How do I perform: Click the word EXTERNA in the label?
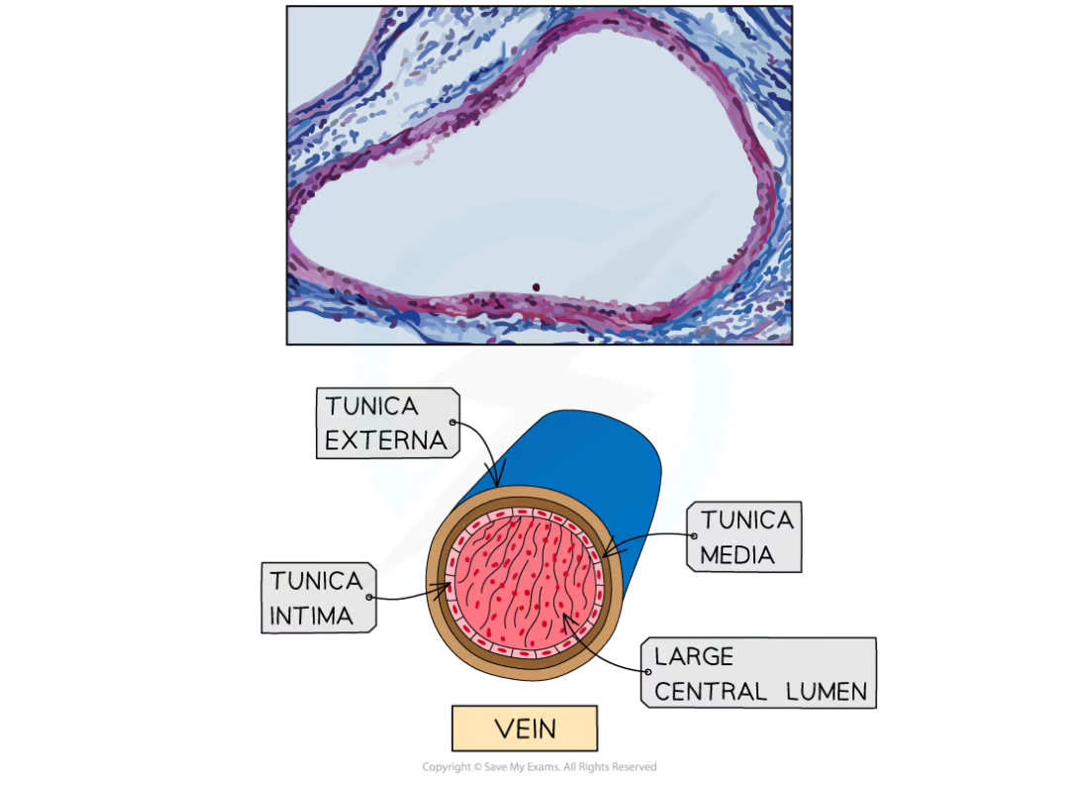[385, 441]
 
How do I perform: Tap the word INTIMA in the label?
[311, 616]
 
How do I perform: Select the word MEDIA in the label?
[737, 555]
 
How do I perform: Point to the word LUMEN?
[827, 692]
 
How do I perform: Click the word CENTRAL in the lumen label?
[711, 692]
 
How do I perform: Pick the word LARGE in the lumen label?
[694, 656]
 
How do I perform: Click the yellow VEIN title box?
[525, 729]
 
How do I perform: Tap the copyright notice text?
[539, 767]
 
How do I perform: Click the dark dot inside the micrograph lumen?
[536, 287]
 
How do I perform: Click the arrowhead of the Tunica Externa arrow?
[496, 481]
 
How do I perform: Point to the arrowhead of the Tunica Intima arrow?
[445, 590]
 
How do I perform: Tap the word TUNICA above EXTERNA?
[371, 406]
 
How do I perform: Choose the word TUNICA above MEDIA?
[746, 520]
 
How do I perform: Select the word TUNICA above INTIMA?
[316, 581]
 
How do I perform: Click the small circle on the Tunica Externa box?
[452, 423]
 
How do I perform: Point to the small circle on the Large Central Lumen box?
[648, 672]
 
